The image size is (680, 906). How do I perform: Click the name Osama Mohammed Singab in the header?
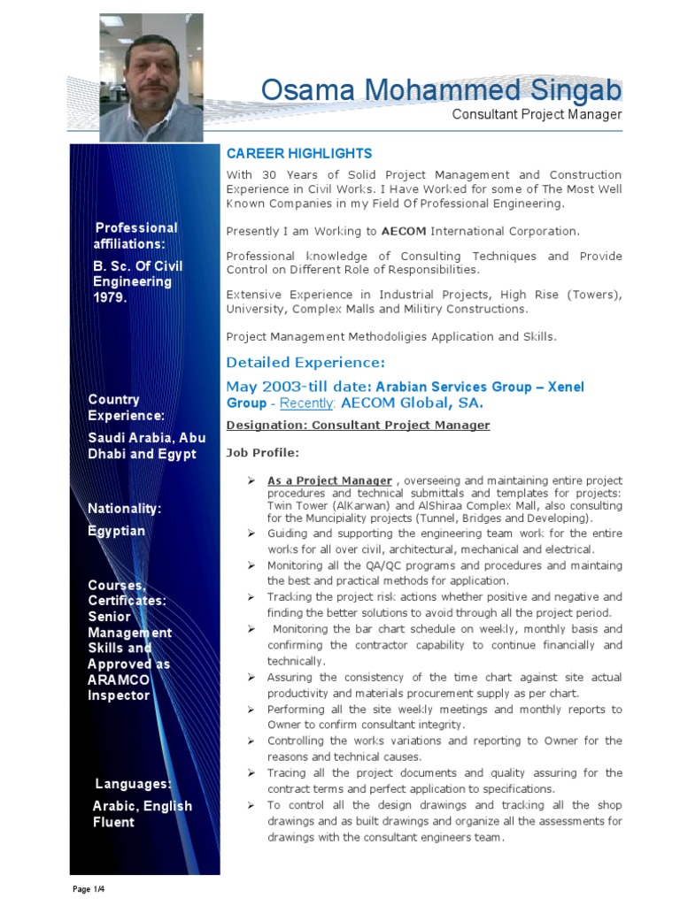pos(441,91)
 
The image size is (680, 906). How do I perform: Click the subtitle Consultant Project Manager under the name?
pos(537,115)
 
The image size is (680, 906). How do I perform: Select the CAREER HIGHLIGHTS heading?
pos(299,154)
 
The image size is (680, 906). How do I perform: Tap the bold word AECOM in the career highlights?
pos(405,232)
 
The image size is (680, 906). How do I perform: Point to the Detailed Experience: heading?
pos(305,363)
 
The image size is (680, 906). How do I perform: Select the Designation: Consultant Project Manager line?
pos(358,426)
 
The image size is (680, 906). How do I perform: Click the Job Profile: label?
pos(263,453)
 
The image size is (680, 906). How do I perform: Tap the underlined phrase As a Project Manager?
pos(329,481)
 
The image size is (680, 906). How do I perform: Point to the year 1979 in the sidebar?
pos(111,298)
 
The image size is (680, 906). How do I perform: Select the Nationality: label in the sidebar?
pos(125,509)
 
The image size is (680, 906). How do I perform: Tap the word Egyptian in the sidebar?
pos(116,531)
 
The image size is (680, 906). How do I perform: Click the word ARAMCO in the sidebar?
pos(119,679)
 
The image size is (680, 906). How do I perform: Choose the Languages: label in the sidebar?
pos(133,784)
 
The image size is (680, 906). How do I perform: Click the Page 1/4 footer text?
pos(90,888)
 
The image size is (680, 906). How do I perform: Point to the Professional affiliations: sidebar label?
pos(135,236)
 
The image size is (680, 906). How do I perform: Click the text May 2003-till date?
pos(299,387)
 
